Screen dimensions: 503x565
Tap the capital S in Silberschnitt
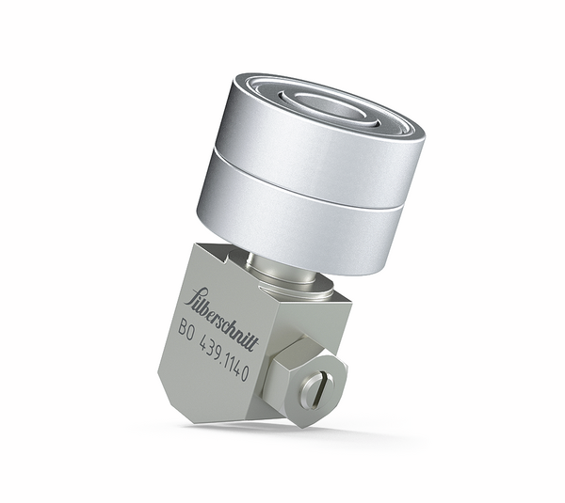point(195,300)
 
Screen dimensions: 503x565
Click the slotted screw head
point(315,387)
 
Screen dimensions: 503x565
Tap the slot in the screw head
point(315,387)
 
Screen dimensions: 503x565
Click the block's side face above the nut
point(320,320)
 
